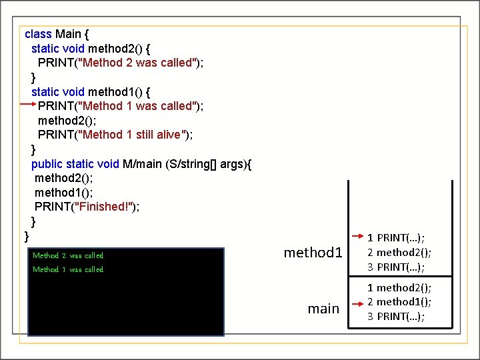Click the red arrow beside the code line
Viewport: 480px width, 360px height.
(x=29, y=105)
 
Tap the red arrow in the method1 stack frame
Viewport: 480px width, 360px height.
(x=358, y=236)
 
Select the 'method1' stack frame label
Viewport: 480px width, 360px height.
(x=313, y=252)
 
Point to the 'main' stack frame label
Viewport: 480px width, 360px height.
(x=323, y=309)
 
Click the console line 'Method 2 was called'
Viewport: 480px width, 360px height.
(x=68, y=255)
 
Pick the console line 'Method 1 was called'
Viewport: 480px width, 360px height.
(x=68, y=269)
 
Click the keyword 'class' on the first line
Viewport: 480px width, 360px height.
(x=38, y=33)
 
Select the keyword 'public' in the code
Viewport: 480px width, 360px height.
(x=47, y=163)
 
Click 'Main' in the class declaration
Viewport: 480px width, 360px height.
(x=68, y=33)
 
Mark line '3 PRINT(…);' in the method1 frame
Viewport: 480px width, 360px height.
(x=397, y=267)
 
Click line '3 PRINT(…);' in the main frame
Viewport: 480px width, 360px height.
(x=397, y=316)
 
